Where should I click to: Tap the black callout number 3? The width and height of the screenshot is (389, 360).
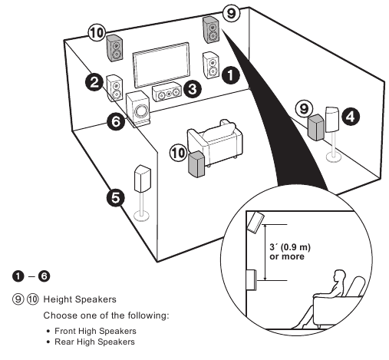point(194,89)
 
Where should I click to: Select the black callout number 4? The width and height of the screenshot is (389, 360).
point(349,117)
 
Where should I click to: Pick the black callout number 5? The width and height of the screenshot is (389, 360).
point(114,198)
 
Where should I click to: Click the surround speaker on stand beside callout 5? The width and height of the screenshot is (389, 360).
point(142,182)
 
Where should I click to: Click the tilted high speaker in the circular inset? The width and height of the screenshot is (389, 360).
point(255,223)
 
